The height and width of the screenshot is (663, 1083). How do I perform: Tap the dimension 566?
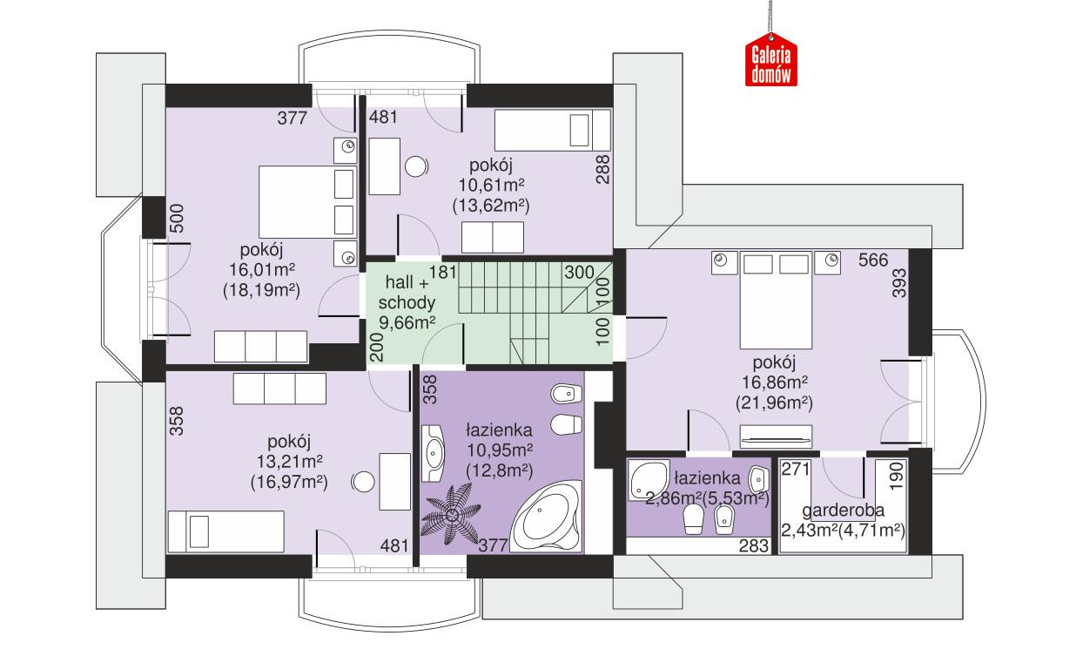[874, 260]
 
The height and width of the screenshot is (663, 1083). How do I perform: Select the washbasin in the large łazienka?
[435, 453]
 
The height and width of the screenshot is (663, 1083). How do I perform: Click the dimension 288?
[601, 167]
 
